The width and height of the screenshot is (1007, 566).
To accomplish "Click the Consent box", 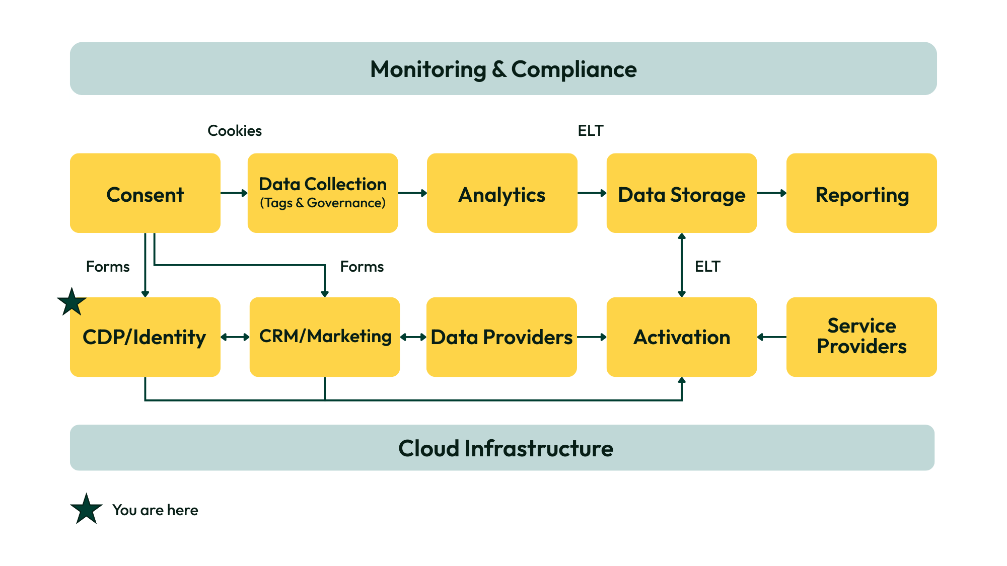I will (x=145, y=193).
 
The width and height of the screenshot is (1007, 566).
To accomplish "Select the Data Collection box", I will (x=322, y=193).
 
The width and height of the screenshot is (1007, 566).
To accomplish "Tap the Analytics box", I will (x=501, y=193).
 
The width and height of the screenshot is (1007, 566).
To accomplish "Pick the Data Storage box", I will (x=681, y=193).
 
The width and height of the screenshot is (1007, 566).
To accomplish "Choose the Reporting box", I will (x=861, y=193).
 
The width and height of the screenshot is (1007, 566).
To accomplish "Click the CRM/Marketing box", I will (x=325, y=337).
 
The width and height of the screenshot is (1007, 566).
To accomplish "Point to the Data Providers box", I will (x=501, y=337).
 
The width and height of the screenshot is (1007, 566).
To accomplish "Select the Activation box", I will (x=681, y=337).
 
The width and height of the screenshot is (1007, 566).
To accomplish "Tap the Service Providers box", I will (x=861, y=337).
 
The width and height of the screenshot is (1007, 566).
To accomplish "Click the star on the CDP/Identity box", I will (x=72, y=302).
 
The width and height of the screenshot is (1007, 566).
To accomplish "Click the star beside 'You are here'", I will (x=86, y=509).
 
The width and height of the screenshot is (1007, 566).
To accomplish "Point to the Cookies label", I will (x=235, y=131).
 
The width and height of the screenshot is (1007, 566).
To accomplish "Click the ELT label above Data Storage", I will (x=590, y=131).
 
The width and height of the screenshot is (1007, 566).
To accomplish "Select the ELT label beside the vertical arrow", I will (x=707, y=267).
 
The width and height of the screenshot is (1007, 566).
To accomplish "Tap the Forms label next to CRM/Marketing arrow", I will (x=362, y=267).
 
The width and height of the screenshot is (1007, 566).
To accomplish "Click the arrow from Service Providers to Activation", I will (x=771, y=337).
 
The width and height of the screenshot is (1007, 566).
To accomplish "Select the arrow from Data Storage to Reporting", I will (x=771, y=193).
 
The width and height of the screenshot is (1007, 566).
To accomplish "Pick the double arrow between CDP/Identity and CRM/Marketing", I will (x=235, y=337).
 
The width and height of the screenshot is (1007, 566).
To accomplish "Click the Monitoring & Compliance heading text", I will (x=503, y=69).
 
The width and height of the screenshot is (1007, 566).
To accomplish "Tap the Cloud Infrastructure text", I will (x=506, y=448).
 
